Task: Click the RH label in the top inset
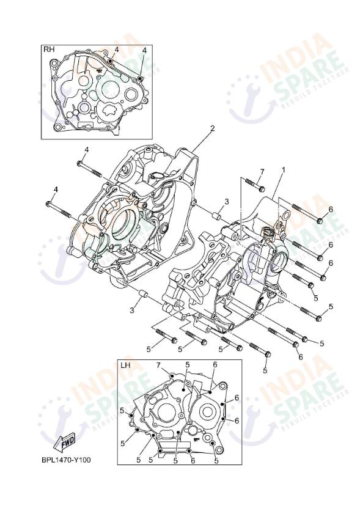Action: click(47, 50)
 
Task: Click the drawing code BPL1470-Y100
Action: click(66, 459)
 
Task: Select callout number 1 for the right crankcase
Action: click(283, 169)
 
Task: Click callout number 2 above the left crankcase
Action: click(212, 129)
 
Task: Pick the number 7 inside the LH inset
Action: click(158, 366)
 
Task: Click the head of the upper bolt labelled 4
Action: click(80, 163)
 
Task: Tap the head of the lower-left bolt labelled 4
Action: click(50, 204)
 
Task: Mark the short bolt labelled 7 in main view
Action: click(259, 188)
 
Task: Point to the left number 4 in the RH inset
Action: click(116, 50)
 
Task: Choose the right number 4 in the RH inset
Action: click(144, 50)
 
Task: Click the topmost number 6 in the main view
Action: click(330, 210)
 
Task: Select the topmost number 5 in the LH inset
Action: click(187, 366)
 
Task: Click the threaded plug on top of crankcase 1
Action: click(266, 233)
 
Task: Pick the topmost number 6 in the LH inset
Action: click(215, 366)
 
